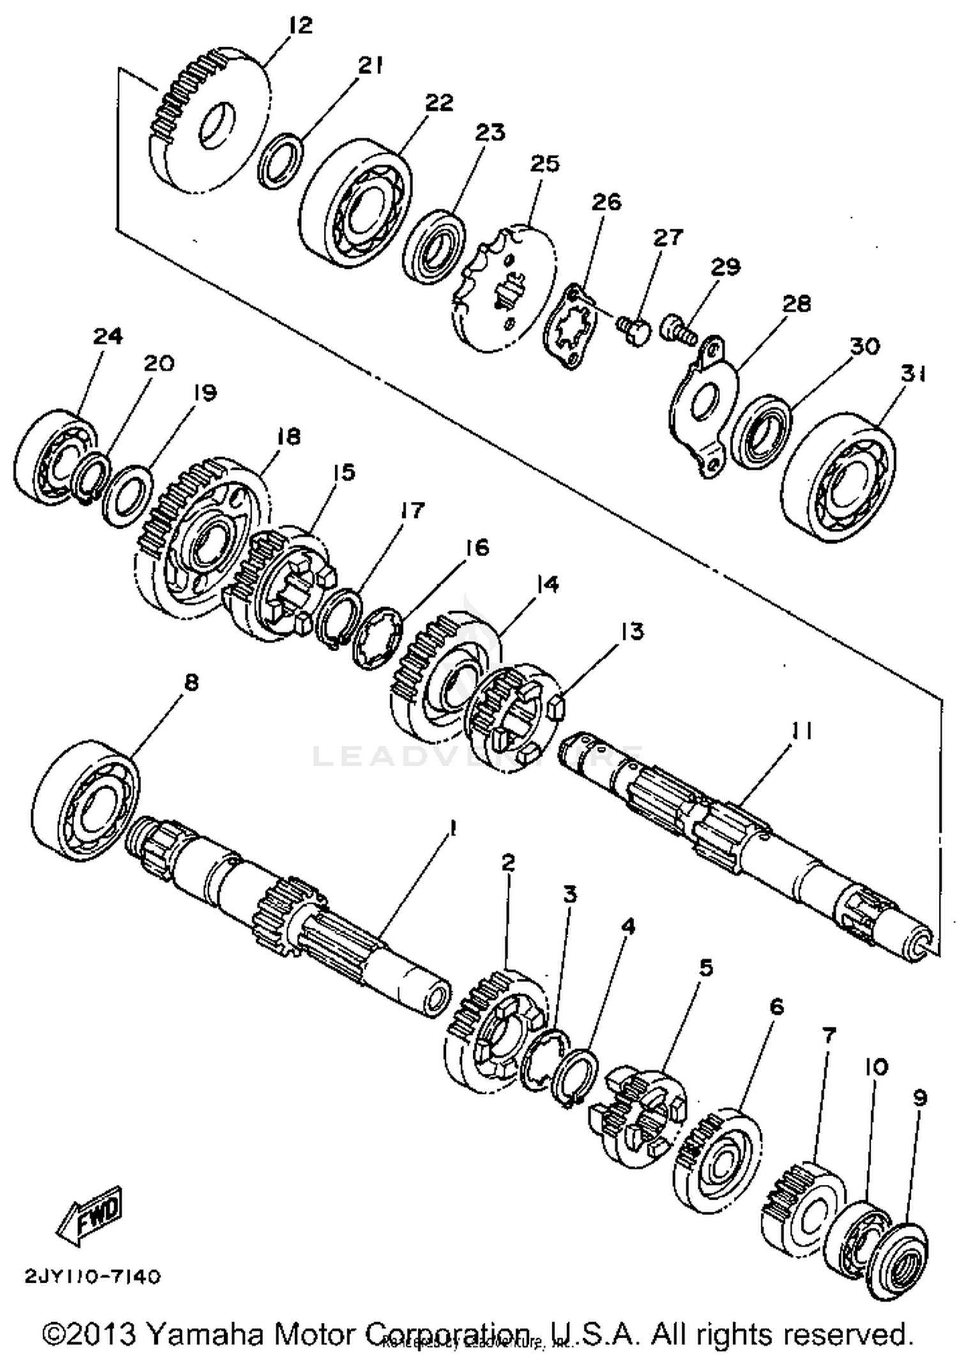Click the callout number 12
pyautogui.click(x=300, y=25)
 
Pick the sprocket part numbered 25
pyautogui.click(x=505, y=289)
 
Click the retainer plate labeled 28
pyautogui.click(x=703, y=409)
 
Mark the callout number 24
pyautogui.click(x=108, y=336)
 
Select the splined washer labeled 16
pyautogui.click(x=378, y=638)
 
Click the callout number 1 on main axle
pyautogui.click(x=452, y=829)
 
